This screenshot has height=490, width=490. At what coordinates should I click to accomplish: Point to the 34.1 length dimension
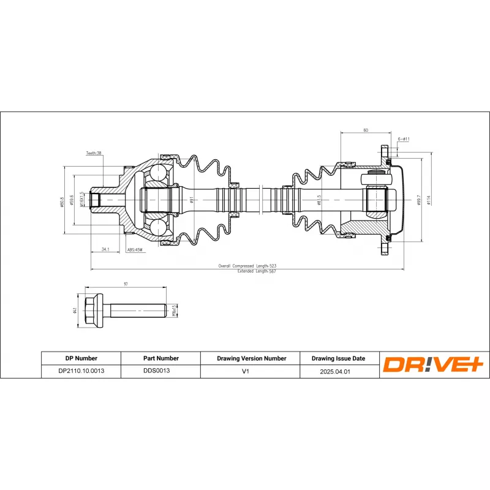coord(105,249)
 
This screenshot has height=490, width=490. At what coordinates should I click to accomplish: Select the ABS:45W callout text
coord(134,250)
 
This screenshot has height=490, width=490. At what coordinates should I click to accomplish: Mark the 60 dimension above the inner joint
coord(366,130)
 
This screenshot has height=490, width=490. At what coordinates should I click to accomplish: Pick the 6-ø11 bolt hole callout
coord(404,139)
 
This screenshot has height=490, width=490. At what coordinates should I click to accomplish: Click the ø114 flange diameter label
coord(429,200)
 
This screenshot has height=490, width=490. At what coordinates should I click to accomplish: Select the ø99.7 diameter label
coord(418,200)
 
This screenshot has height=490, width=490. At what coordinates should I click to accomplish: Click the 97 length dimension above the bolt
coord(126,284)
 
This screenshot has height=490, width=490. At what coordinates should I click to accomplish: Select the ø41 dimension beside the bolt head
coord(74,311)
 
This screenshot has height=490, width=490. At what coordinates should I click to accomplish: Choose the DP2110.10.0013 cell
coord(81,371)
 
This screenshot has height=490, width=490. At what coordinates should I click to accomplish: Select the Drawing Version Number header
coord(251,358)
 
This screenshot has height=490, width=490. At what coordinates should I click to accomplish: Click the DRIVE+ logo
coord(434,365)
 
